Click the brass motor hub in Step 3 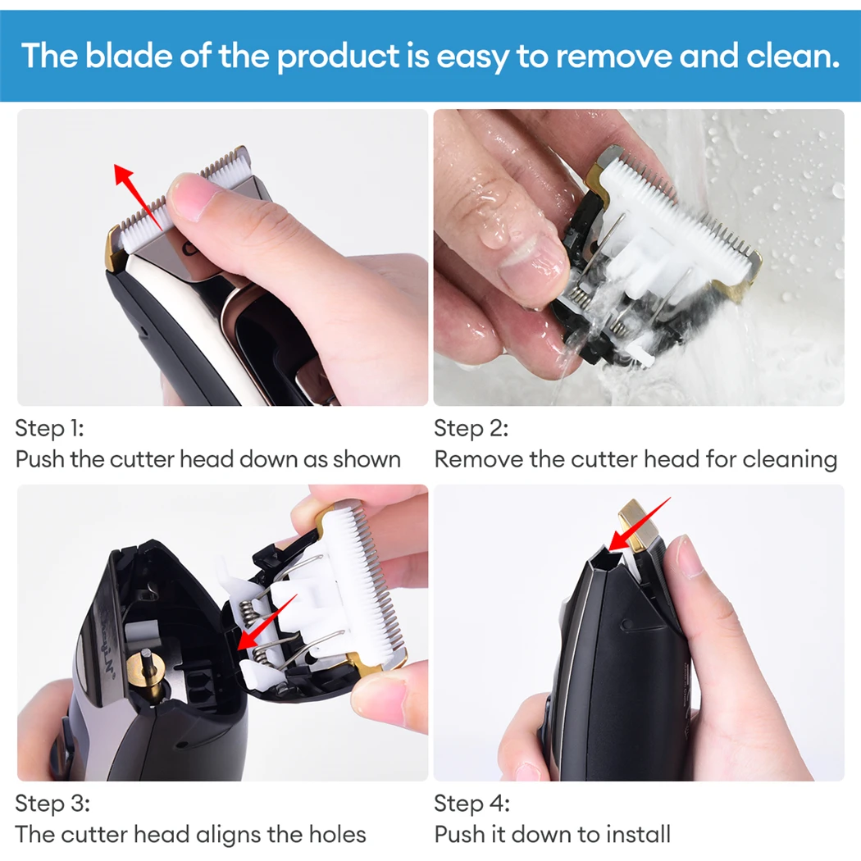point(146,669)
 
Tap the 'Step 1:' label point(49,428)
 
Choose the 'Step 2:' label point(471,428)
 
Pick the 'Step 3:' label point(52,804)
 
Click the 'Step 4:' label point(471,804)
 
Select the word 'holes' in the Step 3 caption point(337,834)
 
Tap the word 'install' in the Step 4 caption point(639,834)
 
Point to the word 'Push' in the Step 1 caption point(39,459)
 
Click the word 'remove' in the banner point(614,56)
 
